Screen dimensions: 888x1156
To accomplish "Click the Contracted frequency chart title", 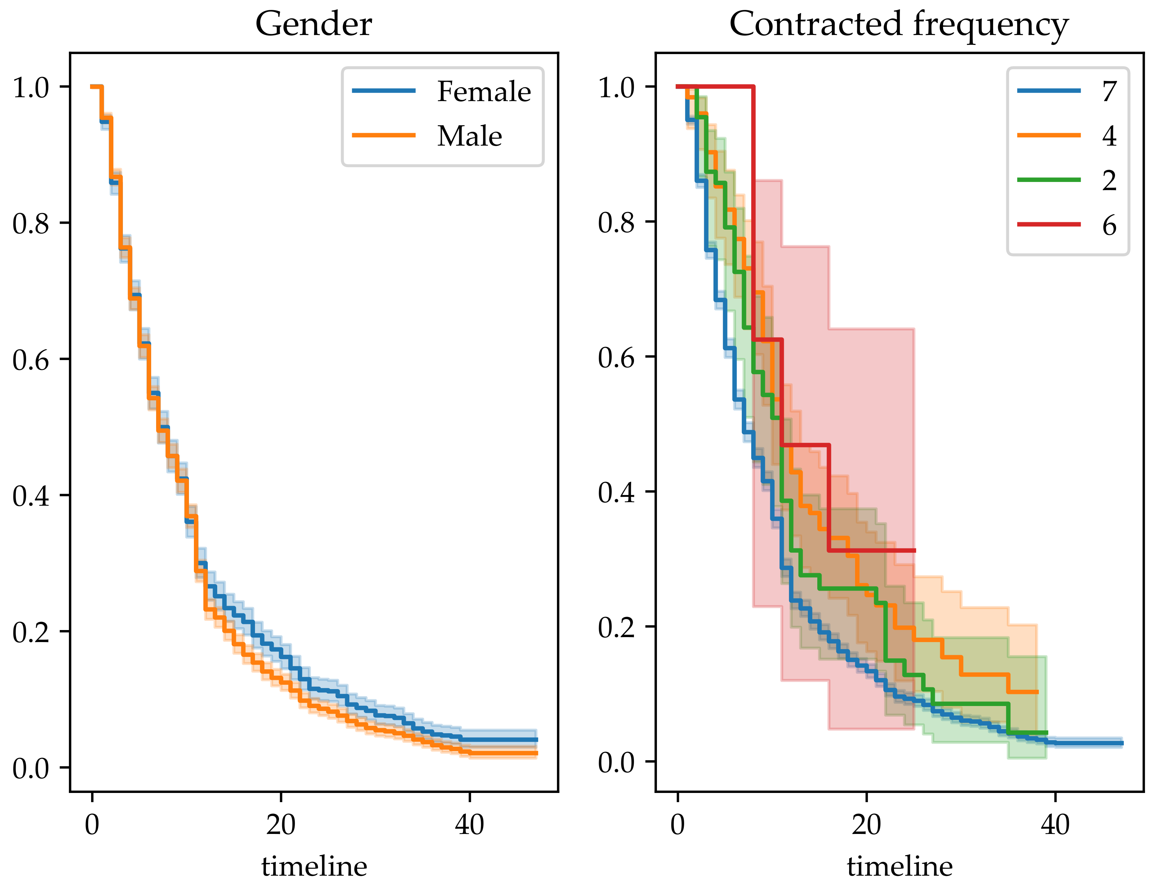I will (x=899, y=24).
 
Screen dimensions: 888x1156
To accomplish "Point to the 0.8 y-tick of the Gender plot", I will (x=31, y=223).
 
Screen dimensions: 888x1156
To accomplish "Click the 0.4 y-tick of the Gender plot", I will (x=31, y=495).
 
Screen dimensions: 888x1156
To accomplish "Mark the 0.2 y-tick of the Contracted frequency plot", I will (x=616, y=627).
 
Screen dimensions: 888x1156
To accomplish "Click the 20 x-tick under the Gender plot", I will (x=280, y=825).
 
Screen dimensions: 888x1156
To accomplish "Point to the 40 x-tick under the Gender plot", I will (x=469, y=825).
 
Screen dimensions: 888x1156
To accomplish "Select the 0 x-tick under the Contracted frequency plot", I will (x=677, y=825).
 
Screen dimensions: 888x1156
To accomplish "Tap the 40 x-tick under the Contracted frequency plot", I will (x=1055, y=825).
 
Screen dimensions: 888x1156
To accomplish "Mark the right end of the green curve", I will (x=1046, y=733).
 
